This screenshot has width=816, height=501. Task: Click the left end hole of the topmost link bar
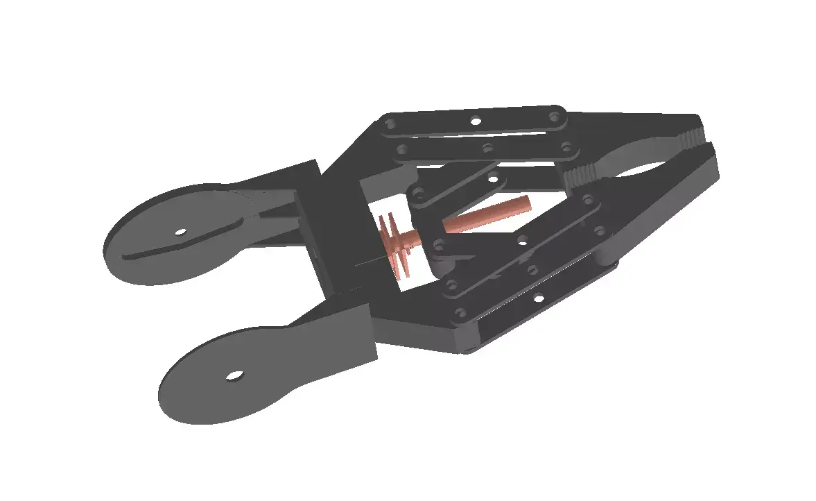(x=390, y=125)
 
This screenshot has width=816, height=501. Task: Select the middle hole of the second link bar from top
(x=487, y=148)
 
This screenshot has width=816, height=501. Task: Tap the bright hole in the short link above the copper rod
(x=494, y=179)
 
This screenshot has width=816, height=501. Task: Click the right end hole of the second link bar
(x=566, y=146)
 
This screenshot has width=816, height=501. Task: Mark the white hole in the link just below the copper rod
(x=523, y=241)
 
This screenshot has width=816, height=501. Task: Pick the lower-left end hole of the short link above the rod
(x=419, y=192)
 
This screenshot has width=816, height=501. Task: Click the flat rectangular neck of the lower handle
(x=340, y=333)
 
